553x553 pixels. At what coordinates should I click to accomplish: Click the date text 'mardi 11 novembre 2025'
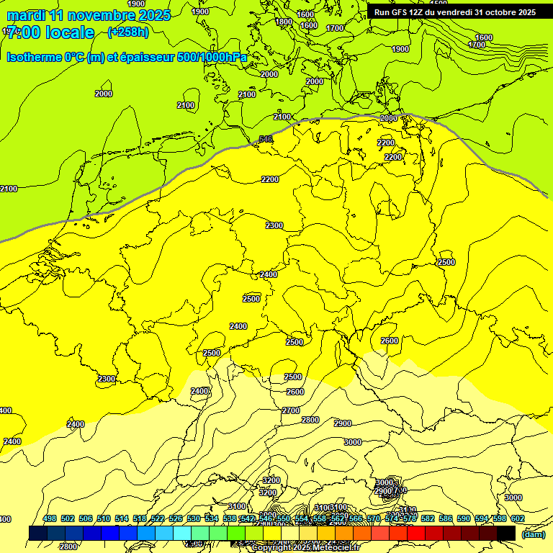click(89, 15)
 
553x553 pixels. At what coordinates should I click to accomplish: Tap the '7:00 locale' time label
click(50, 32)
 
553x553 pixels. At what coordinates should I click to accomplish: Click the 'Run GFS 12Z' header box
click(454, 12)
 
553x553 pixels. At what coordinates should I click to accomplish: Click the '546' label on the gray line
click(266, 139)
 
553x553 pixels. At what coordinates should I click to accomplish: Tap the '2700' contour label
click(291, 410)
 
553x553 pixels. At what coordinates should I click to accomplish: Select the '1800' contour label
click(284, 22)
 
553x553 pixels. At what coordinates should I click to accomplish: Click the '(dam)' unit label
click(533, 534)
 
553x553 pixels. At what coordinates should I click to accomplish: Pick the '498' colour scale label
click(50, 519)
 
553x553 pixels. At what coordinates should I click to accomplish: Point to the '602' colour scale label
click(518, 519)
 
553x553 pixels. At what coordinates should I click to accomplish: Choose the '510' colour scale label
click(104, 519)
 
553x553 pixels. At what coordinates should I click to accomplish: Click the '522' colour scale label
click(158, 519)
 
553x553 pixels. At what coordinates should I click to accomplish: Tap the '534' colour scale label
click(212, 519)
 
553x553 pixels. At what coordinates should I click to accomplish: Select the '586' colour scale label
click(446, 519)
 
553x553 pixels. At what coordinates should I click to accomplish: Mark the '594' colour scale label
click(482, 519)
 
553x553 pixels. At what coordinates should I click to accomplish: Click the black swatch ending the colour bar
click(506, 533)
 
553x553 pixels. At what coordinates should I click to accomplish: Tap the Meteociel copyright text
click(306, 548)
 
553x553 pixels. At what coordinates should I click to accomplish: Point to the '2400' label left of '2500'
click(238, 326)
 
